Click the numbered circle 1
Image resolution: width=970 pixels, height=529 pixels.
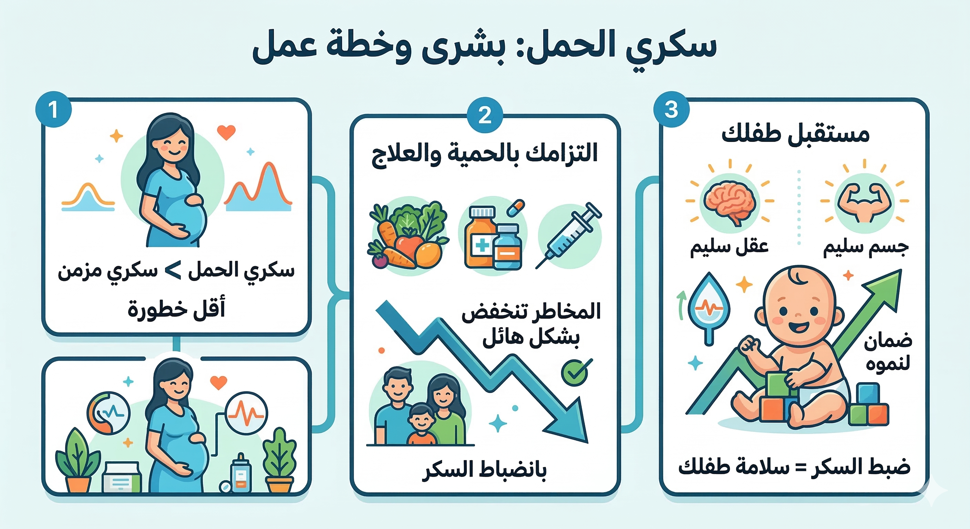coord(53,110)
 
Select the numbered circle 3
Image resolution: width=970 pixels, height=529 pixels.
coord(671,110)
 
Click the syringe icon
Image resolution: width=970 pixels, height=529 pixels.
coord(569,236)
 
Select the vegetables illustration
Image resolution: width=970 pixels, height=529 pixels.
coord(408,236)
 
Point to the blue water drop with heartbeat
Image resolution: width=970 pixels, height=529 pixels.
coord(709,307)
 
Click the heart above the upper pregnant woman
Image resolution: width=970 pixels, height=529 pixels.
coord(226,132)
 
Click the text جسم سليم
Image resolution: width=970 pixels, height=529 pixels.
coord(866,247)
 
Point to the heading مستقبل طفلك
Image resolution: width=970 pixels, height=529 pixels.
coord(795,134)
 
